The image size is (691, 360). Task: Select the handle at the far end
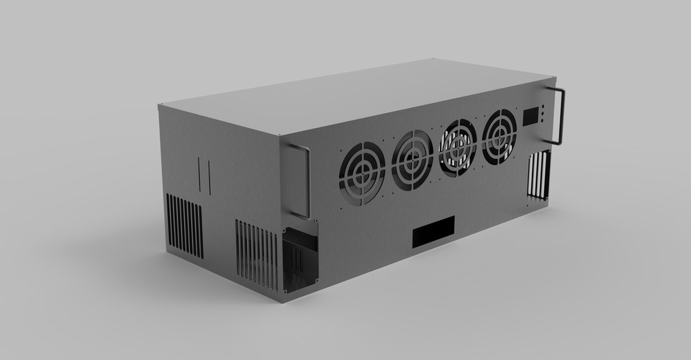click(x=559, y=115)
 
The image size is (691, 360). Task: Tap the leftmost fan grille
click(x=362, y=174)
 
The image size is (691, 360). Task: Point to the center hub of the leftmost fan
click(x=362, y=174)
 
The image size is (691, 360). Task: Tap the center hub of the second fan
click(x=412, y=159)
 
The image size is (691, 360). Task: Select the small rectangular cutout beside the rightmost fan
click(x=532, y=116)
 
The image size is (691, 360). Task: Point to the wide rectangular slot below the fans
click(x=433, y=231)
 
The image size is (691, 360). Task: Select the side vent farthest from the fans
click(x=184, y=225)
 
